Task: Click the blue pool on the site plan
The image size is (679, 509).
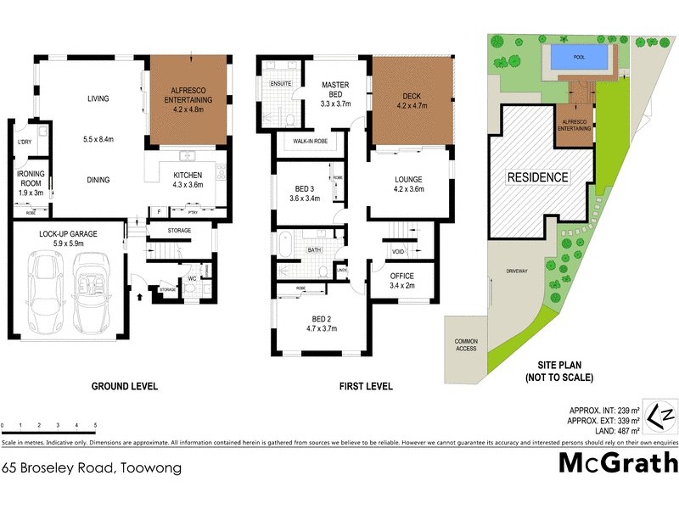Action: coord(578,58)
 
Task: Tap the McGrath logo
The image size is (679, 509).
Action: coord(617,463)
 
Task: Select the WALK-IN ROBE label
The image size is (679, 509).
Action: coord(310,140)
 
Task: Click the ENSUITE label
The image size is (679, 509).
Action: coord(282,85)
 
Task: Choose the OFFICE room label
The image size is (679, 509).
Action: coord(401,277)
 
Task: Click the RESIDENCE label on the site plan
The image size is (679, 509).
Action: coord(538,177)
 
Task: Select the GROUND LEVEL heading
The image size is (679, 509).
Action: coord(125,387)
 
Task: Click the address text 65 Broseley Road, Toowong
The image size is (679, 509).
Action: coord(92,467)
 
